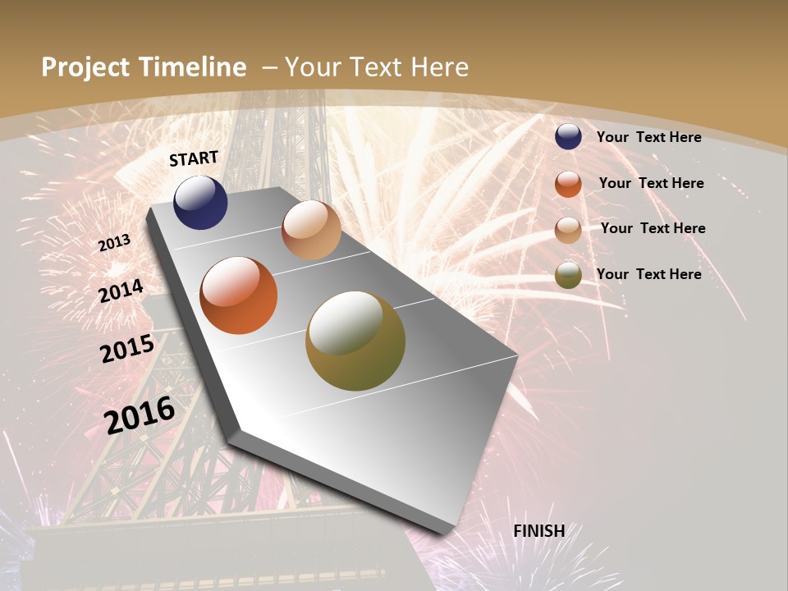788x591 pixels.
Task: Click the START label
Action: tap(194, 158)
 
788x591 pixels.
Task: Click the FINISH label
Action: tap(539, 531)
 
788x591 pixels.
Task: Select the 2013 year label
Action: tap(114, 243)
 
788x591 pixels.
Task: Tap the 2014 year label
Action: tap(121, 291)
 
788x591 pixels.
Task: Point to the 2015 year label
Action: tap(127, 349)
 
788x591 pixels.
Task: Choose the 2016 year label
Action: tap(140, 415)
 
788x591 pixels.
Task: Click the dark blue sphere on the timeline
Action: tap(200, 203)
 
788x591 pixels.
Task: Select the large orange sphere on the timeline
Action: tap(239, 295)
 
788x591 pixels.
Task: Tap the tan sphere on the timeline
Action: tap(311, 230)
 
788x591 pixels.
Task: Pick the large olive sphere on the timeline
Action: tap(355, 341)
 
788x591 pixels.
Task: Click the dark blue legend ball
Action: tap(568, 137)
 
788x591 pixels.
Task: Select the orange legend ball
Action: tap(568, 184)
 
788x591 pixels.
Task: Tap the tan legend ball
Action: tap(568, 230)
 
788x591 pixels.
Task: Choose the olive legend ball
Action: tap(568, 275)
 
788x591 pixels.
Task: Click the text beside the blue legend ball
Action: tap(648, 137)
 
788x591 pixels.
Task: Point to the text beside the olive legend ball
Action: tap(648, 274)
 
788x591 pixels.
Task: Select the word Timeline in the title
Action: tap(194, 67)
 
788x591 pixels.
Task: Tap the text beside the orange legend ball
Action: tap(651, 183)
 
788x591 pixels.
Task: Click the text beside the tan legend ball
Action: tap(653, 228)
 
